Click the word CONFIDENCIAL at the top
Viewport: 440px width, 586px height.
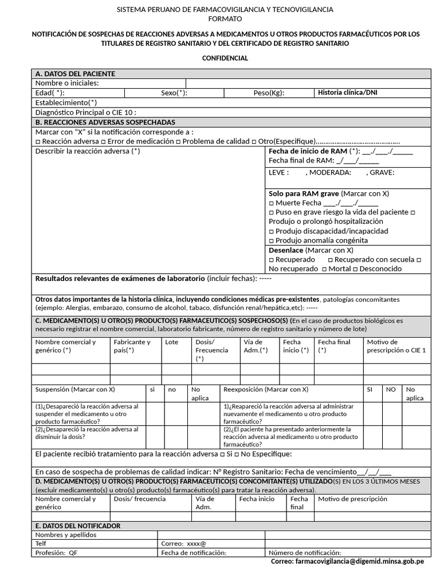tap(225, 58)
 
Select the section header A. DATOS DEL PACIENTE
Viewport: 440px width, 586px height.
tap(75, 74)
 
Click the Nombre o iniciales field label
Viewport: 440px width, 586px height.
tap(67, 83)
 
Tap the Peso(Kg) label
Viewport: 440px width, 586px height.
tap(269, 93)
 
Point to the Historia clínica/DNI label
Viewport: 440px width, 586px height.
tap(347, 93)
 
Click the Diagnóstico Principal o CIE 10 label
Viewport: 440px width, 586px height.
tap(86, 113)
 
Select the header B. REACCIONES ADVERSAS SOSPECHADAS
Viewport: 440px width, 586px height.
tap(105, 122)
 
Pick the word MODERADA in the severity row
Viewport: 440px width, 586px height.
tap(330, 172)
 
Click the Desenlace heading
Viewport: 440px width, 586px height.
tap(286, 250)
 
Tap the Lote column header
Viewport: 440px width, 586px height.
tap(171, 342)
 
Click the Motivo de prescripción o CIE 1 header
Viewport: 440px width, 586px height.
tap(396, 346)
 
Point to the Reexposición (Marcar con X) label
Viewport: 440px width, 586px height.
tap(265, 389)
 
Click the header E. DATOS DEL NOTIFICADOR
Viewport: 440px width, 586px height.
tap(78, 526)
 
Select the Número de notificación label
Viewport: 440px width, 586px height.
tap(305, 553)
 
